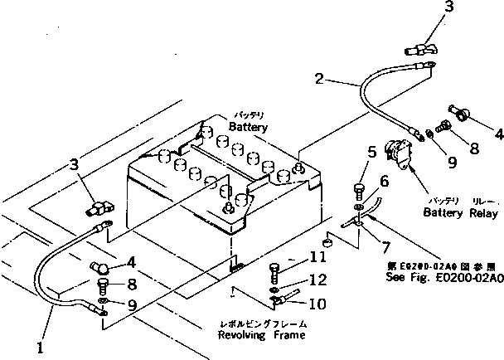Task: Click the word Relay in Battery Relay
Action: click(x=475, y=212)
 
